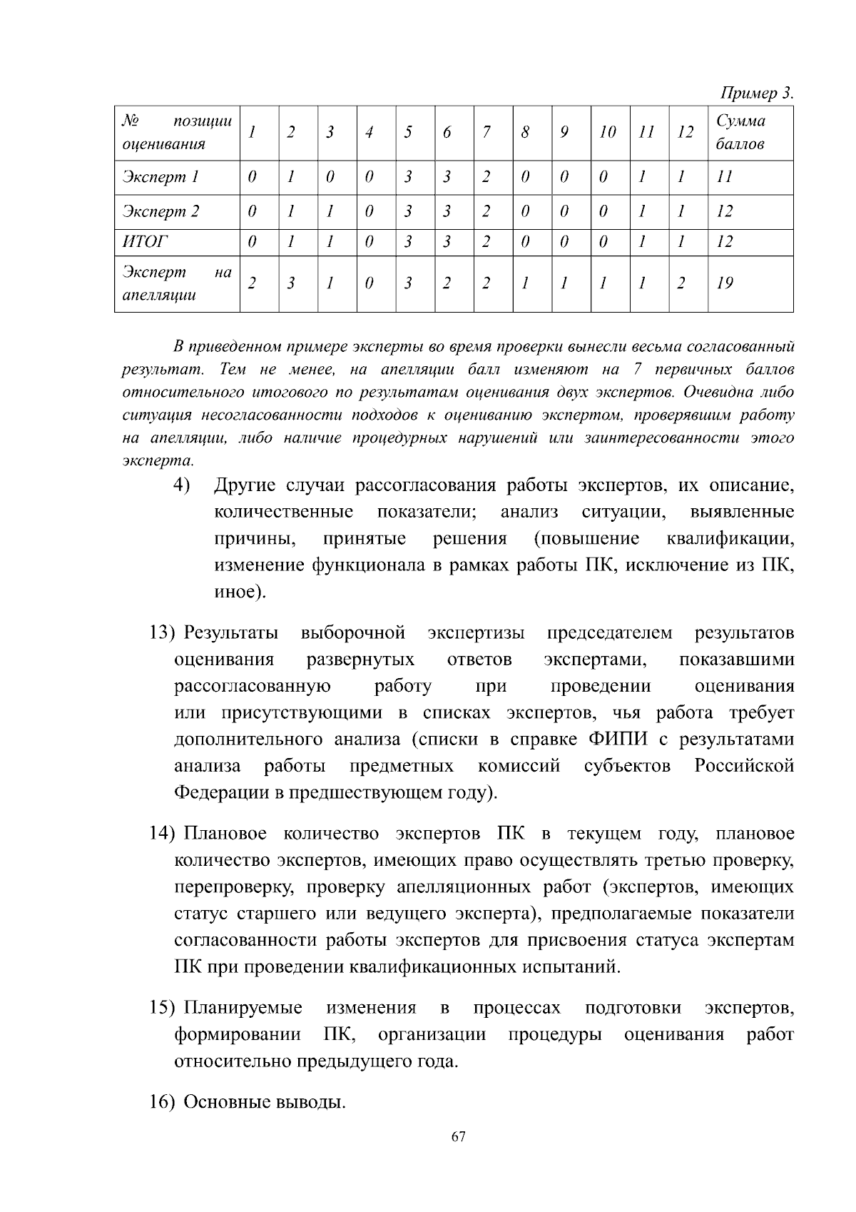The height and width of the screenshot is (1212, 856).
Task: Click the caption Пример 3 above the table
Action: pyautogui.click(x=757, y=94)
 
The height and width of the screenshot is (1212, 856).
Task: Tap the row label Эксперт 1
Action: pyautogui.click(x=160, y=177)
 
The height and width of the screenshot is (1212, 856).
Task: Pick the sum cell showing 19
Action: pyautogui.click(x=725, y=283)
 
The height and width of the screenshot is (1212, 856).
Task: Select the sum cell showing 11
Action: pyautogui.click(x=724, y=177)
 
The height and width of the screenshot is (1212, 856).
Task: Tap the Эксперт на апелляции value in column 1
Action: pyautogui.click(x=251, y=283)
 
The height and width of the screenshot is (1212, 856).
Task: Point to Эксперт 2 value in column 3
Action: pyautogui.click(x=330, y=211)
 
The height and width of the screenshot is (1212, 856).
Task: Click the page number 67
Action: pyautogui.click(x=458, y=1136)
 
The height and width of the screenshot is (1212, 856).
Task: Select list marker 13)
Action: pyautogui.click(x=162, y=633)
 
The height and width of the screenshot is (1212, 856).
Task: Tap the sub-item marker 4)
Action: pyautogui.click(x=182, y=485)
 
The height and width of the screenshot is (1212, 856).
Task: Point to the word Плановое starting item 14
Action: pyautogui.click(x=225, y=834)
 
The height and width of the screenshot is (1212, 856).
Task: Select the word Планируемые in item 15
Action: pyautogui.click(x=243, y=1008)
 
